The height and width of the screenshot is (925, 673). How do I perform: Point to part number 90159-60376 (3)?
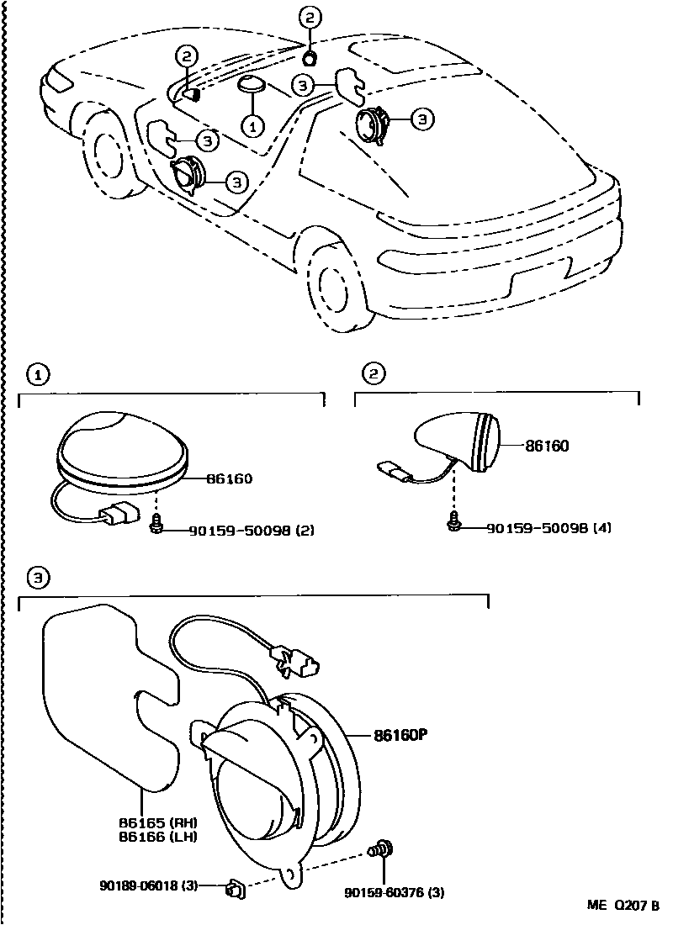point(394,893)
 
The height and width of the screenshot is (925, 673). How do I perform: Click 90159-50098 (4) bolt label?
point(548,528)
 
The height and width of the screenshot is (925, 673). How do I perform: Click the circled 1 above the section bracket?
point(34,373)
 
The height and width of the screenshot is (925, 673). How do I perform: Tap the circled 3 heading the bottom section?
point(34,578)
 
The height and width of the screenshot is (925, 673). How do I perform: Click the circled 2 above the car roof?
point(310,17)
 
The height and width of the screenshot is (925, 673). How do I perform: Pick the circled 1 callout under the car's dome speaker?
point(252,125)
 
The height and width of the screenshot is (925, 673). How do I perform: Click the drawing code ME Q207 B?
point(623,906)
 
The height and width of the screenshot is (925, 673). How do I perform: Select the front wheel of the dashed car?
point(109,156)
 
